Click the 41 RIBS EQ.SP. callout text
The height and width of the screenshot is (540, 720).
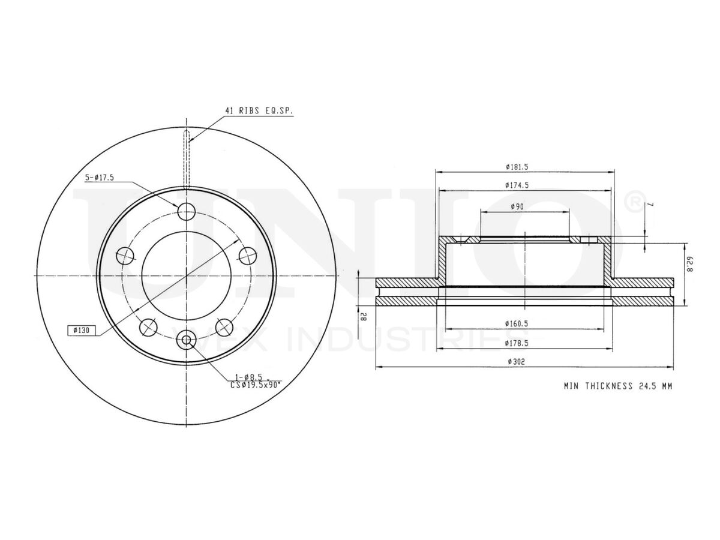point(259,111)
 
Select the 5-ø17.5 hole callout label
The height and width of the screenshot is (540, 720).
point(100,178)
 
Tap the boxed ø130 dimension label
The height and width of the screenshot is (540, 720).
point(82,330)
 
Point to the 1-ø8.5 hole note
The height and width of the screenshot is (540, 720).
point(248,377)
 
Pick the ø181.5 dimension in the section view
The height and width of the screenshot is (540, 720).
point(517,167)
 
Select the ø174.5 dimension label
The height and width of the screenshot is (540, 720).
point(517,185)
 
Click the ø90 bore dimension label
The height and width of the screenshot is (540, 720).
point(517,206)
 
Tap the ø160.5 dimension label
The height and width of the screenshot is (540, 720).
point(517,323)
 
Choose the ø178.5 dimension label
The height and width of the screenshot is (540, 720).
point(517,343)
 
